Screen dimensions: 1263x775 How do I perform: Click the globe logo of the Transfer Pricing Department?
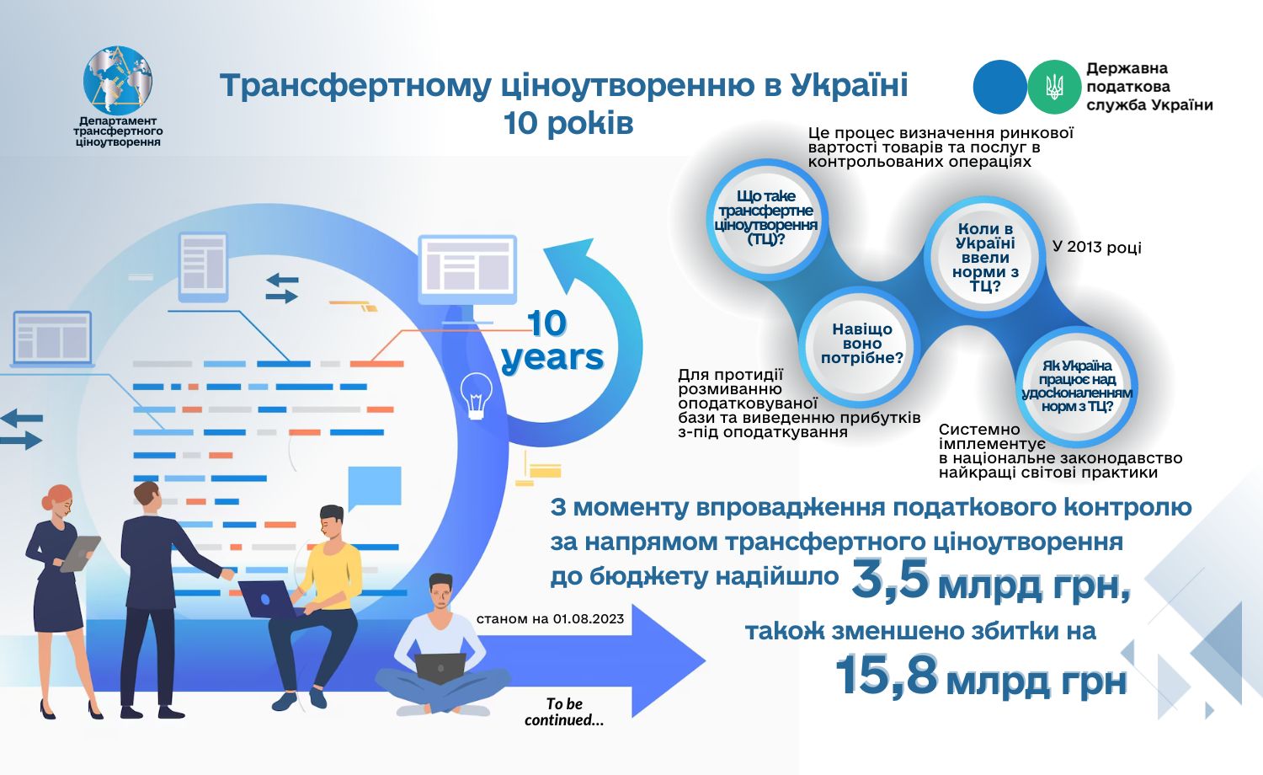(x=117, y=80)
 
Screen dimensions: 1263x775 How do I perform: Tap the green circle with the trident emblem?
(x=1054, y=87)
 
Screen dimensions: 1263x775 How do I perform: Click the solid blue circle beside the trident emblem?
(x=999, y=87)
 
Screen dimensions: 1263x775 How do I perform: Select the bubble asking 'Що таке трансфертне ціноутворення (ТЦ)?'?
(x=765, y=217)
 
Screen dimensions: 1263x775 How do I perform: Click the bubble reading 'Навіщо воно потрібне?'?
(x=861, y=344)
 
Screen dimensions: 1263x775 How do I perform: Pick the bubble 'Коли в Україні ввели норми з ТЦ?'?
(x=985, y=257)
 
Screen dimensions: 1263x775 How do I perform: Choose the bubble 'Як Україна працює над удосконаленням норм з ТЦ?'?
(x=1076, y=387)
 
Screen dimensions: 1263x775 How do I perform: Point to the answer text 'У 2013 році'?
(x=1096, y=247)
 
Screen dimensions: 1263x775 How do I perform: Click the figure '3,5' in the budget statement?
(x=890, y=580)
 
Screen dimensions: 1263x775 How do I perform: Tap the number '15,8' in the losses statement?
(x=887, y=675)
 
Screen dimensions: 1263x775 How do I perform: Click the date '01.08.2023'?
(x=588, y=619)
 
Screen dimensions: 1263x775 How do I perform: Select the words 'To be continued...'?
(x=564, y=712)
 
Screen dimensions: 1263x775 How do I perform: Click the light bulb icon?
(x=476, y=395)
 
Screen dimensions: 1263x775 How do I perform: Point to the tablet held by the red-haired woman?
(x=80, y=553)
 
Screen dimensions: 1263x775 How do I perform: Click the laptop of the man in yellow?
(x=267, y=599)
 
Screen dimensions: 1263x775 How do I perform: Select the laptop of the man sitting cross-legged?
(x=440, y=668)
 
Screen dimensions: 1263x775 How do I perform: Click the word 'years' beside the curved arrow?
(x=552, y=358)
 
